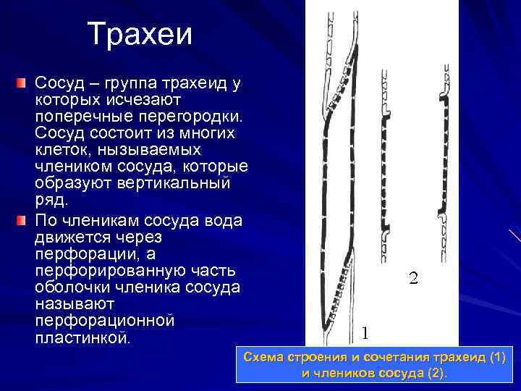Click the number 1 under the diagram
pyautogui.click(x=365, y=332)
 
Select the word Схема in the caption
pyautogui.click(x=266, y=358)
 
